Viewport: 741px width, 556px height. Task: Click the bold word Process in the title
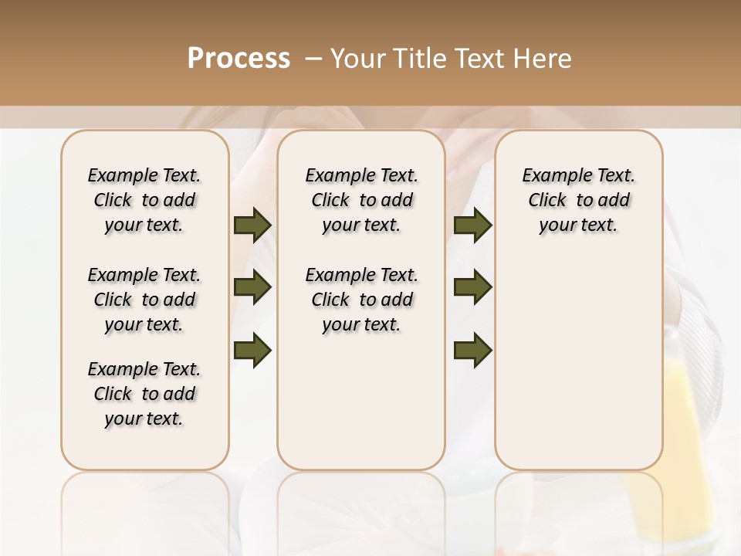point(239,59)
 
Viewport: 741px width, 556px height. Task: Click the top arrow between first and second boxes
point(252,225)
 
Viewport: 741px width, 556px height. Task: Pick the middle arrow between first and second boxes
point(252,287)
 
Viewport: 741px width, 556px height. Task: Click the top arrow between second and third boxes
point(473,225)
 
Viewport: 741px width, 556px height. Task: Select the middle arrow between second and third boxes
point(473,287)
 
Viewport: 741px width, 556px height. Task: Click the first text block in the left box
point(144,200)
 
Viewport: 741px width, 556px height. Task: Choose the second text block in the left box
point(144,300)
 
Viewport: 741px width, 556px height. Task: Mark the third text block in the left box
point(144,394)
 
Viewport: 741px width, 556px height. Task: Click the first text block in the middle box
point(362,200)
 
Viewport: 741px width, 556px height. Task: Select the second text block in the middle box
point(362,300)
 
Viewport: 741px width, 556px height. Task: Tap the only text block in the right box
point(579,200)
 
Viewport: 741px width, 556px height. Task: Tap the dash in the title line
point(313,59)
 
